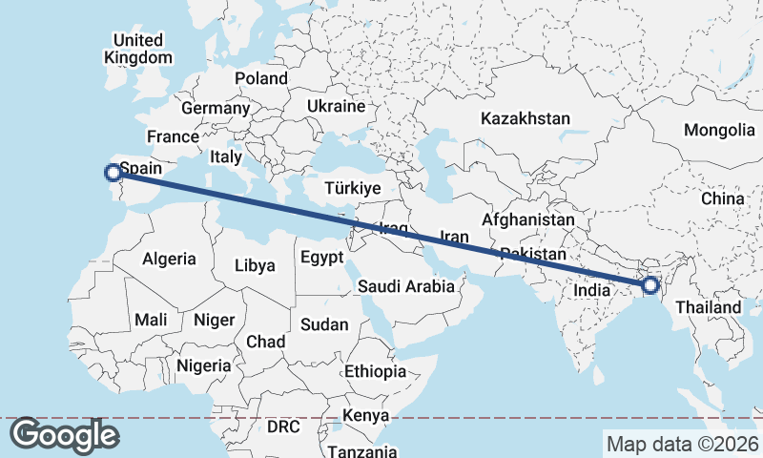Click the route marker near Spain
tap(113, 173)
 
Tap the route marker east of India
tap(650, 284)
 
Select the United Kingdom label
tap(138, 49)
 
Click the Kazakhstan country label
tap(526, 119)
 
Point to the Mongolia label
tap(719, 130)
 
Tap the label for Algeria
tap(169, 259)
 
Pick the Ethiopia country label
tap(376, 371)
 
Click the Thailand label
tap(708, 307)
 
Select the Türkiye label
tap(352, 188)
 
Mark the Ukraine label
tap(337, 106)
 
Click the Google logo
tap(64, 435)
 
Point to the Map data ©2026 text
tap(682, 444)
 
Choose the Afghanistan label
tap(528, 219)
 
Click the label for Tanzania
tap(361, 450)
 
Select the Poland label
tap(261, 78)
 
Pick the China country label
tap(722, 198)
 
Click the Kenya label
tap(365, 416)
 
